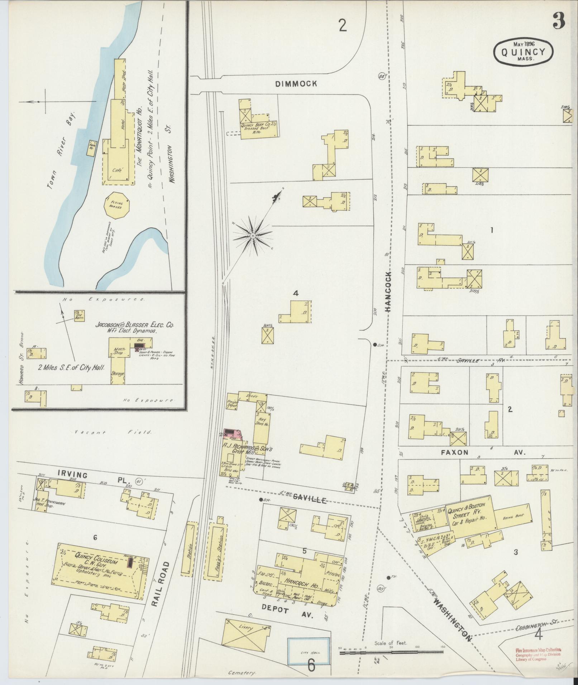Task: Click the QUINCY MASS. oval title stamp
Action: [x=523, y=52]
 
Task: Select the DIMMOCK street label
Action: [x=296, y=84]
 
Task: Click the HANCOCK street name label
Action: [x=390, y=291]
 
